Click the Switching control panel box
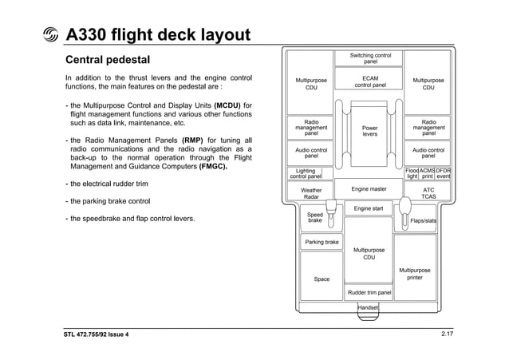point(370,58)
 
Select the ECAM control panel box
point(370,81)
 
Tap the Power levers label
point(370,131)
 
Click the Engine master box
point(369,189)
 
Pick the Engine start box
point(369,208)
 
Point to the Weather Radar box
point(311,193)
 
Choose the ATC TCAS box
point(428,193)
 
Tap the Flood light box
point(412,173)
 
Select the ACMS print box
point(427,173)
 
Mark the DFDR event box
point(443,173)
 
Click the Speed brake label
point(315,217)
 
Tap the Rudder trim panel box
point(369,293)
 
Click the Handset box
point(369,307)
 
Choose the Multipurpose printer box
point(415,274)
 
